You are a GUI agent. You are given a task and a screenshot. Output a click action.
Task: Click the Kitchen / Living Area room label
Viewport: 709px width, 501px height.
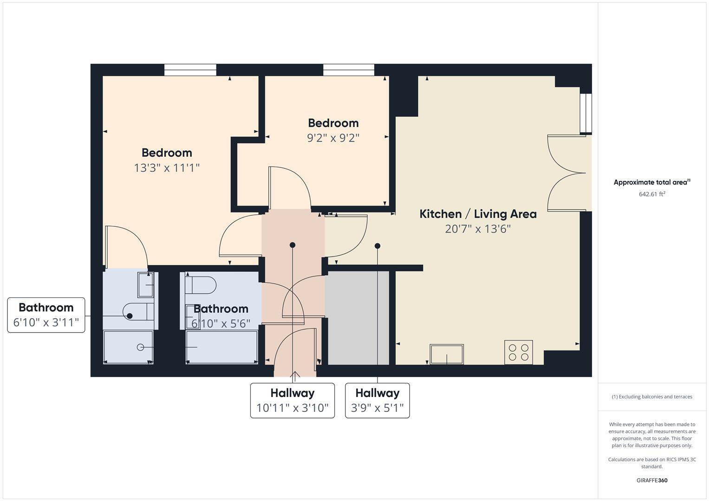click(x=478, y=214)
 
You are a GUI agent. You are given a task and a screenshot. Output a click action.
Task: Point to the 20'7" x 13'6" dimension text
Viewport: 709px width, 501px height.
click(x=478, y=229)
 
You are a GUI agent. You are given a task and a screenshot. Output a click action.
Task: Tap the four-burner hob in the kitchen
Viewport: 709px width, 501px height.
click(x=518, y=352)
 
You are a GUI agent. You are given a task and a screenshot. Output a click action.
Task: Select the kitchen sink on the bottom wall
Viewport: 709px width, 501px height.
click(x=446, y=354)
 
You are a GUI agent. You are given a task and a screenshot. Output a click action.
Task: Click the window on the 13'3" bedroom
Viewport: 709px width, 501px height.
click(x=190, y=70)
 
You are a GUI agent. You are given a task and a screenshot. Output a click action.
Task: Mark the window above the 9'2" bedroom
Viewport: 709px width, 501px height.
click(x=349, y=70)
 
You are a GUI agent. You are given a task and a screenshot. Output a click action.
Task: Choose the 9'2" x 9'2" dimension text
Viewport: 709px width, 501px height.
click(x=333, y=138)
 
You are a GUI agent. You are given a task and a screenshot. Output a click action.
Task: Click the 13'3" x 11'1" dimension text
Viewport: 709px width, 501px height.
click(x=167, y=167)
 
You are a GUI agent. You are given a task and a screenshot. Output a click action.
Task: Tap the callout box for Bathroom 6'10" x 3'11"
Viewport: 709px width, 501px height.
click(x=46, y=315)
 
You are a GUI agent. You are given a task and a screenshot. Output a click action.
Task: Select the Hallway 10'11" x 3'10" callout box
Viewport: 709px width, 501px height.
click(x=292, y=400)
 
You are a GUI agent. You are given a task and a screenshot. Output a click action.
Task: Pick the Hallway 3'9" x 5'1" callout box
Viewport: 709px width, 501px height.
click(x=377, y=400)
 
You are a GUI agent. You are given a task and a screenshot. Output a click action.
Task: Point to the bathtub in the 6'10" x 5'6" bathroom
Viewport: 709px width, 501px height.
click(x=221, y=347)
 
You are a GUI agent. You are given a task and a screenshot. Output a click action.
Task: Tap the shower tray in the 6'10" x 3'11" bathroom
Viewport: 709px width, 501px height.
click(x=128, y=347)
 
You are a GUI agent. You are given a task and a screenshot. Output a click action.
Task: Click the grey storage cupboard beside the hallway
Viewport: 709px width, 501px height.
click(x=357, y=318)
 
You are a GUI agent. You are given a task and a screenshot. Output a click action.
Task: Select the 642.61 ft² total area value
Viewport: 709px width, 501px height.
click(x=651, y=194)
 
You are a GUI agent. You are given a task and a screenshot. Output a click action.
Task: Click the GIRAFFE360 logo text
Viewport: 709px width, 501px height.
click(x=651, y=480)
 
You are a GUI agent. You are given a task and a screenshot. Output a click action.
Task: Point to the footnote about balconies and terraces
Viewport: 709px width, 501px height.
click(x=651, y=397)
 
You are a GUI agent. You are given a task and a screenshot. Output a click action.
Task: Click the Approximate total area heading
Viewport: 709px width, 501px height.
click(x=651, y=182)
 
